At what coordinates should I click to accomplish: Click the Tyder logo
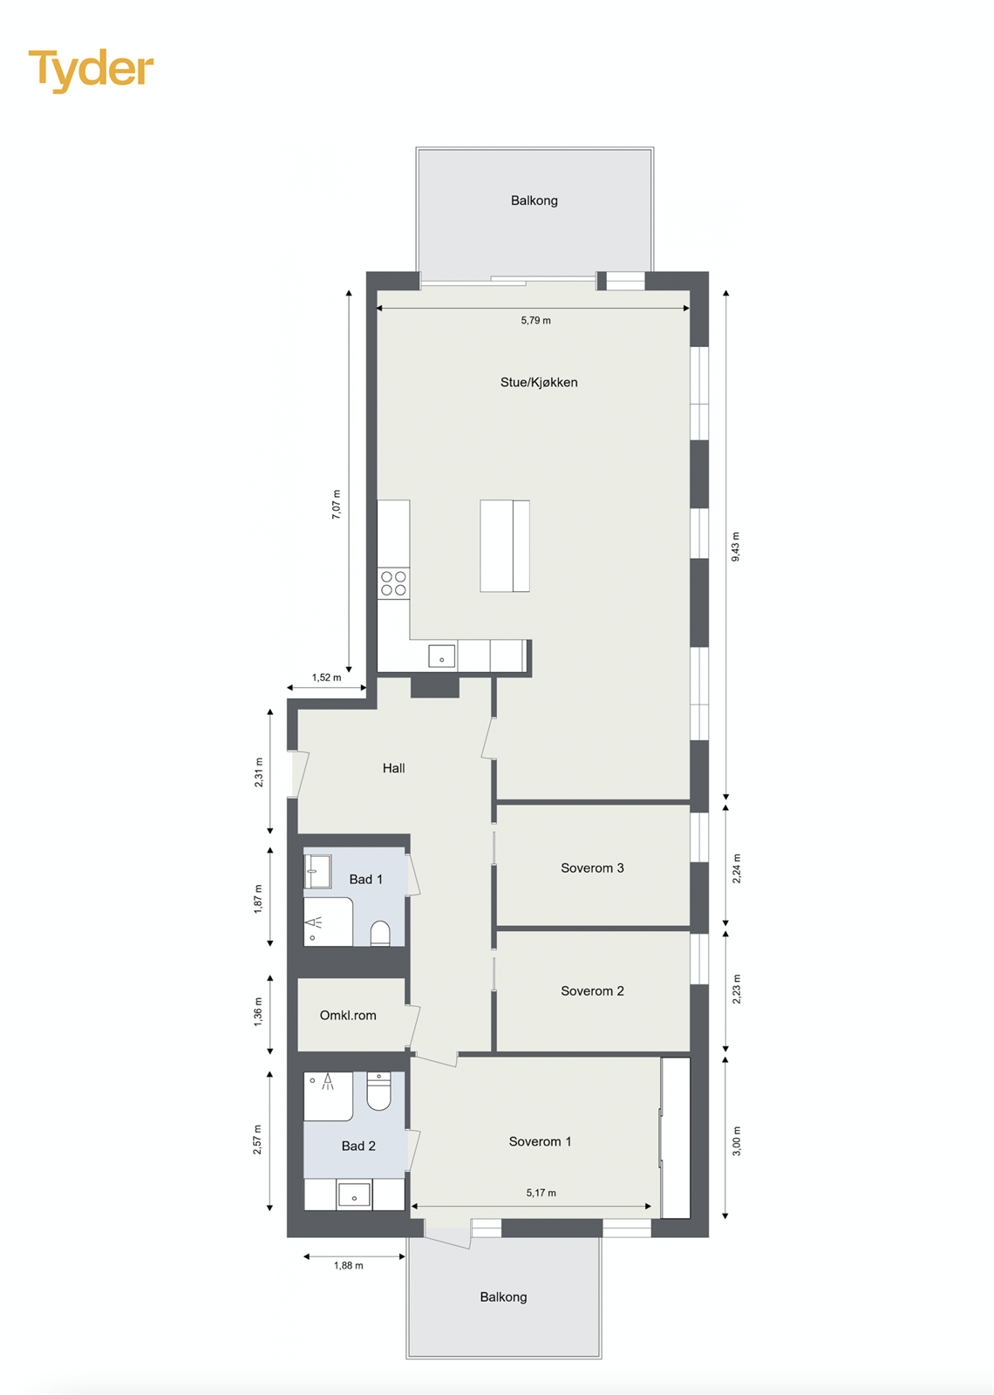click(x=91, y=70)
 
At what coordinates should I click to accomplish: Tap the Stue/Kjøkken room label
click(x=539, y=382)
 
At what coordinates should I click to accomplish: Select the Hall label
click(x=393, y=768)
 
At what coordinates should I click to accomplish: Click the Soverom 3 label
click(x=592, y=868)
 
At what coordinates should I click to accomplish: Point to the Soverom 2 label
click(x=592, y=990)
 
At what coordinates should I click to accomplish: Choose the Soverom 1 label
click(x=540, y=1141)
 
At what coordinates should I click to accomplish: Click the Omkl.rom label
click(x=348, y=1015)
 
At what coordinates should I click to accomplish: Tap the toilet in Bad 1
click(x=380, y=933)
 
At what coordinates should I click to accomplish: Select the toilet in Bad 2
click(x=379, y=1091)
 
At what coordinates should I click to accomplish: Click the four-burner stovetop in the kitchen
click(x=393, y=583)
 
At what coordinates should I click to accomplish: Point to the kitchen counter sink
click(x=441, y=656)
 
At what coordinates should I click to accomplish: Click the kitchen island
click(x=505, y=546)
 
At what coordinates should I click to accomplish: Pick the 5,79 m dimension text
click(x=535, y=320)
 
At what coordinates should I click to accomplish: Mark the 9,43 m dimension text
click(x=735, y=546)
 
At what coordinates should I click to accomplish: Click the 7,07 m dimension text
click(x=337, y=505)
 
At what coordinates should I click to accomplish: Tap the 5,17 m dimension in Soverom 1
click(x=541, y=1193)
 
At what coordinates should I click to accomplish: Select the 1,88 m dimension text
click(x=348, y=1265)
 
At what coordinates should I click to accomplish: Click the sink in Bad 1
click(x=317, y=871)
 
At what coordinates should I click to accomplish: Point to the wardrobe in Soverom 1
click(x=676, y=1138)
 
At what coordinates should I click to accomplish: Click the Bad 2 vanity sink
click(x=354, y=1194)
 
